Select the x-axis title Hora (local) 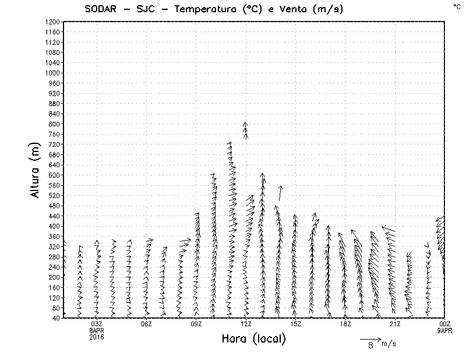(x=253, y=339)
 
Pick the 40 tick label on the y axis (x=56, y=318)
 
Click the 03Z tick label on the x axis (x=97, y=324)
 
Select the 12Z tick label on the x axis (x=246, y=324)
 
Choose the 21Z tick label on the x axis (x=395, y=324)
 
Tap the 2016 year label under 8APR (x=97, y=337)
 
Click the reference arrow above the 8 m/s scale (x=370, y=338)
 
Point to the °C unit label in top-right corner (x=456, y=6)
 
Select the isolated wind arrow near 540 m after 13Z (x=280, y=193)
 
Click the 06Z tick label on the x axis (x=146, y=324)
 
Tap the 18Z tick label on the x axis (x=345, y=324)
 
